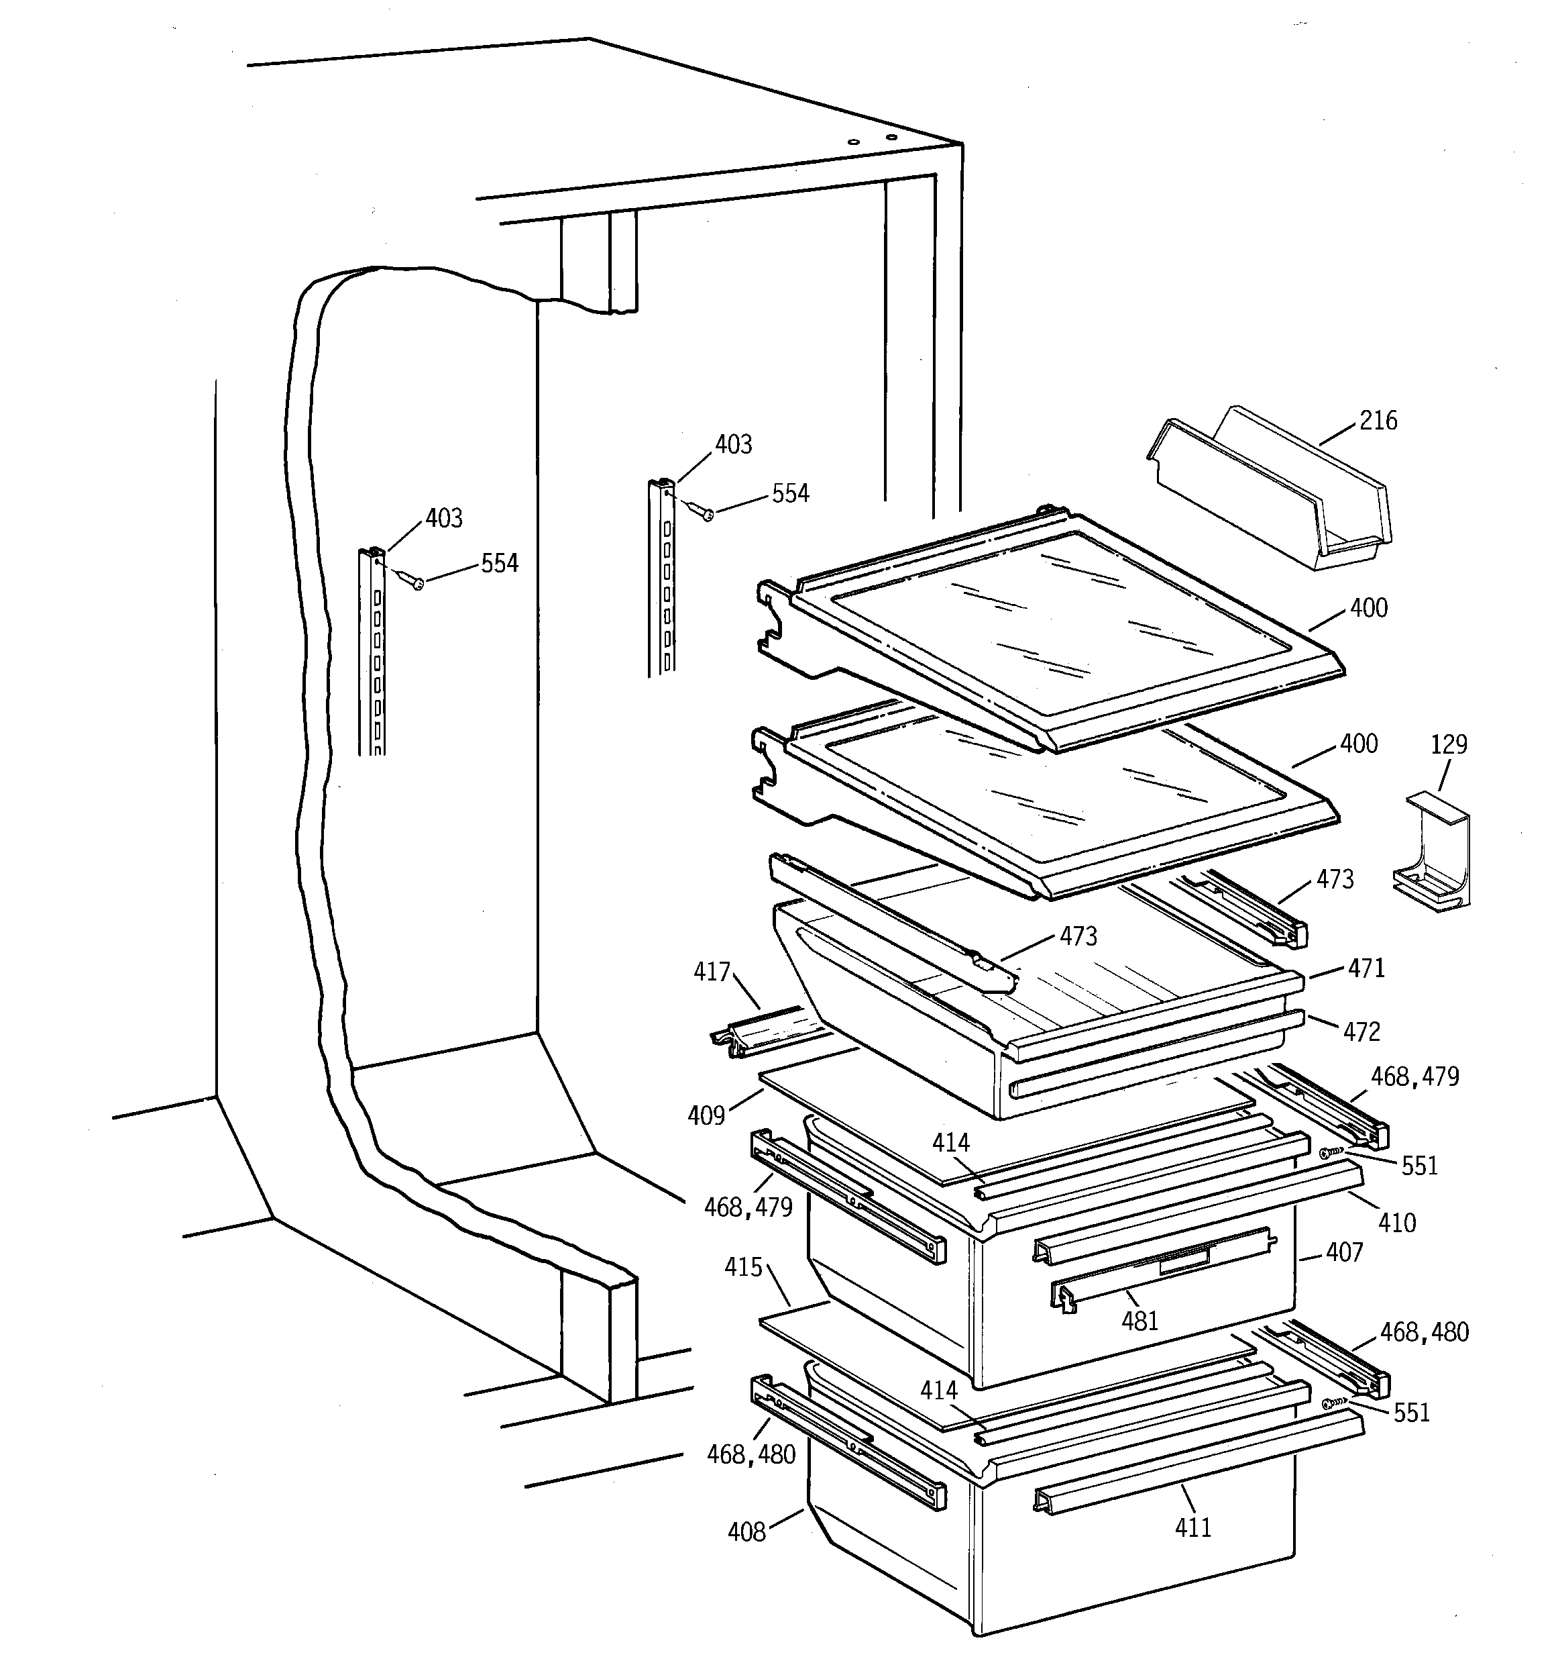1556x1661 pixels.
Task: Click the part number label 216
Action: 1378,420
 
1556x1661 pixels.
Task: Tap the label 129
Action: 1449,744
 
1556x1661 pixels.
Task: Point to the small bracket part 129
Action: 1433,852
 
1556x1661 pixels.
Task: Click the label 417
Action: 712,972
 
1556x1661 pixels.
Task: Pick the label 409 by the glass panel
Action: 706,1115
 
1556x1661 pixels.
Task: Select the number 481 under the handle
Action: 1140,1321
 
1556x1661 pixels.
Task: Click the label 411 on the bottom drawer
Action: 1192,1527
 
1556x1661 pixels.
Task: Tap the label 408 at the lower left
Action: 746,1531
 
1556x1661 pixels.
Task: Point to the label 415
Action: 742,1268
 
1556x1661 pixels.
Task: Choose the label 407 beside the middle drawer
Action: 1344,1252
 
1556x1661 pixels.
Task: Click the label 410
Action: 1396,1223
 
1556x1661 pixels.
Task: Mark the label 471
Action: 1366,968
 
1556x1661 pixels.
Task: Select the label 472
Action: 1361,1032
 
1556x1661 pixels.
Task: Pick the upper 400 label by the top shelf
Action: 1369,608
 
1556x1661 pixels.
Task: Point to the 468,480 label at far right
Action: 1424,1331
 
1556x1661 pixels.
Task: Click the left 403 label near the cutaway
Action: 443,519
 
